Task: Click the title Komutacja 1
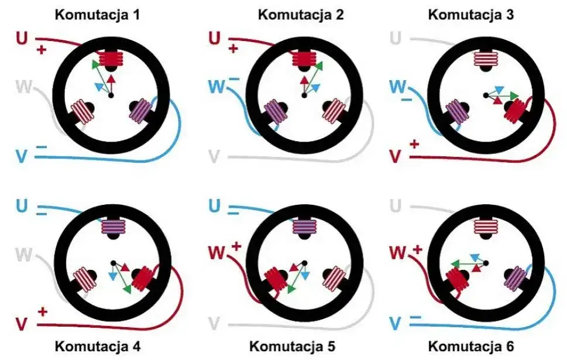(x=97, y=15)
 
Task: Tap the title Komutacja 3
(x=471, y=15)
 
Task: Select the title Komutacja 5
(x=292, y=347)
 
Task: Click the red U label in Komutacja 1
(x=22, y=38)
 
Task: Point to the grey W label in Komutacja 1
(x=24, y=87)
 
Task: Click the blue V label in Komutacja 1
(x=22, y=156)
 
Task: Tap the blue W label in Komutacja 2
(x=217, y=87)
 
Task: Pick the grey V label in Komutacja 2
(x=214, y=156)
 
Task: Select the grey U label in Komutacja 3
(x=396, y=38)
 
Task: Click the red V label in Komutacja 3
(x=396, y=156)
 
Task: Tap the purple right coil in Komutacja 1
(x=140, y=110)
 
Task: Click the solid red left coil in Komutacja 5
(x=276, y=279)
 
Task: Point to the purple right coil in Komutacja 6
(x=515, y=278)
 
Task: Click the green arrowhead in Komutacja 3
(x=514, y=95)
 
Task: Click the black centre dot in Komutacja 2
(x=304, y=95)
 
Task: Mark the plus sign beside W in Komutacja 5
(x=236, y=247)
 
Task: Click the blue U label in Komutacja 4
(x=22, y=206)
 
